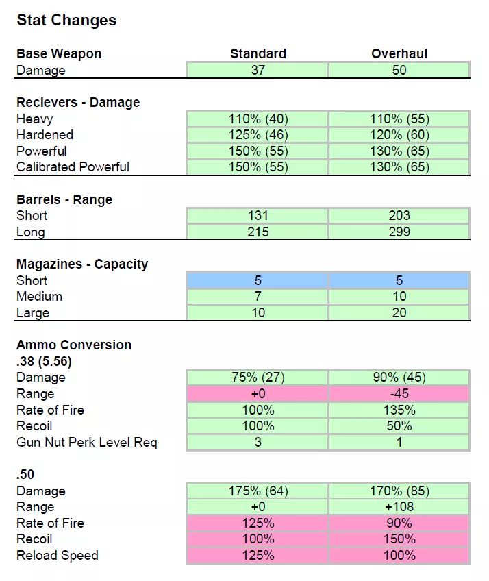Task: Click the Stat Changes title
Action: click(x=66, y=20)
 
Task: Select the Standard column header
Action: click(x=258, y=53)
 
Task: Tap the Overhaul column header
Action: click(x=399, y=53)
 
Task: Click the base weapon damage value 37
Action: click(x=258, y=70)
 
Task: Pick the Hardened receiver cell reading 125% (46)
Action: click(x=258, y=135)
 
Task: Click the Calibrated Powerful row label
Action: click(x=73, y=166)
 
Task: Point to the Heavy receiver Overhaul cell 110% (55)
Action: click(x=399, y=119)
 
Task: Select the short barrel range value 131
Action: click(x=258, y=216)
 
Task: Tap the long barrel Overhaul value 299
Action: click(x=399, y=232)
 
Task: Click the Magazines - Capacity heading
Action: click(x=82, y=264)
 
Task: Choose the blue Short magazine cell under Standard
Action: click(x=258, y=280)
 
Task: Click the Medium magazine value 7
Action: click(x=258, y=297)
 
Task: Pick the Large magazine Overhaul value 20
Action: click(x=399, y=312)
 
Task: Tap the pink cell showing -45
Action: click(x=399, y=393)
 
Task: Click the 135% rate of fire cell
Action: click(x=399, y=410)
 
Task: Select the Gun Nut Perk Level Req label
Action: click(x=87, y=443)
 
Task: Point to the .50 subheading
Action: click(x=25, y=474)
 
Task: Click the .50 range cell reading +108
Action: click(x=399, y=507)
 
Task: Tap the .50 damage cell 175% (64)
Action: click(x=258, y=491)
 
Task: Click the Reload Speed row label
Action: click(x=58, y=556)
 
